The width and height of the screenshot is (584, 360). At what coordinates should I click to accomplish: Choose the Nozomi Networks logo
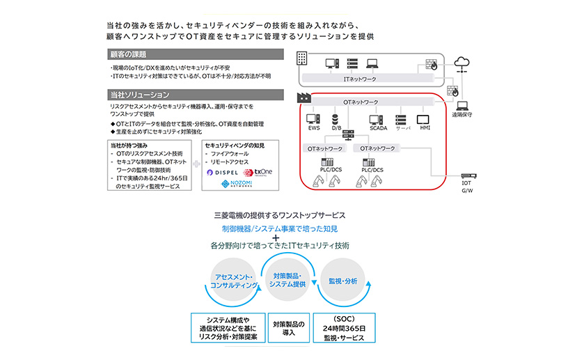click(236, 185)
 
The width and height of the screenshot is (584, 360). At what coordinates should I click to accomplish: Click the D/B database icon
click(335, 118)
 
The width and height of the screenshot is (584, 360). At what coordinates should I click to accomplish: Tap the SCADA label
click(378, 129)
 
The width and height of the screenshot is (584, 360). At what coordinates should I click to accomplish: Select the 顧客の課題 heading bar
click(195, 54)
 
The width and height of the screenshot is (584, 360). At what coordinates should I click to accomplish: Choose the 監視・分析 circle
click(342, 281)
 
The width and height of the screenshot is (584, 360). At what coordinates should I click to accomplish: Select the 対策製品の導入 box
click(285, 329)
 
